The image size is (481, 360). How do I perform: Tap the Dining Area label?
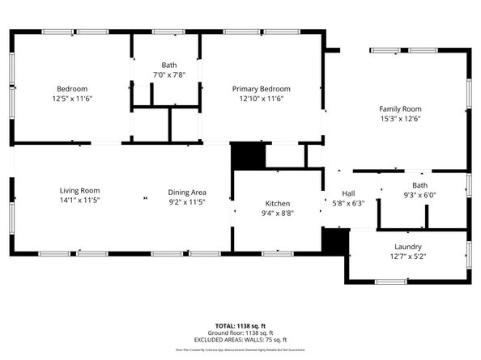[187, 192]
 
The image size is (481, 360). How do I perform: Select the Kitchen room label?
[278, 203]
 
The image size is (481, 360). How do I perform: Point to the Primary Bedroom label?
[261, 88]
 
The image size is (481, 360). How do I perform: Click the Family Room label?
[401, 108]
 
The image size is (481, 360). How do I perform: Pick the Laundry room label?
[408, 247]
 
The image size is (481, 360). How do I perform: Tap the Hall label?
[348, 193]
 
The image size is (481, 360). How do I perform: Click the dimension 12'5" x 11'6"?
[72, 99]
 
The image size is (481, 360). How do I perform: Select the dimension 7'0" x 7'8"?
[168, 74]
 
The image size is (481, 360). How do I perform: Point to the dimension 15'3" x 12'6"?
[401, 118]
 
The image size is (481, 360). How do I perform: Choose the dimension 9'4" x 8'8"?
[278, 213]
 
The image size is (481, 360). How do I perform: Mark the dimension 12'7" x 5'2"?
[408, 256]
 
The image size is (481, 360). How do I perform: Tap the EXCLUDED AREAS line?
[240, 340]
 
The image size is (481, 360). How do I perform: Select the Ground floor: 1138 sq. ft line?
[240, 332]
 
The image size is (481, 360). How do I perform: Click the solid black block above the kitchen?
[248, 155]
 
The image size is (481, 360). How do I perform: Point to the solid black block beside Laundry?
[334, 241]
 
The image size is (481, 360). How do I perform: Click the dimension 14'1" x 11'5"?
[79, 201]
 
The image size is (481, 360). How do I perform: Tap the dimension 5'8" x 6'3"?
[348, 203]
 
